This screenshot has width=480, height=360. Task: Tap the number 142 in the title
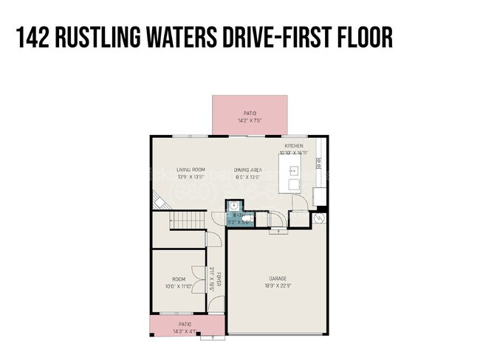coord(34,38)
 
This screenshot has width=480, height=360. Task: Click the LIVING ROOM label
coord(190,170)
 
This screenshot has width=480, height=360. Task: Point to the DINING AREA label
coord(248,170)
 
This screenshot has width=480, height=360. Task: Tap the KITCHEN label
coord(294,146)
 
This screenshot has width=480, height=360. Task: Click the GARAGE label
coord(277,280)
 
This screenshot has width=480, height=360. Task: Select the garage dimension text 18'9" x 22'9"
coord(277,286)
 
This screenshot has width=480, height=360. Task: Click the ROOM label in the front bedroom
coord(178,280)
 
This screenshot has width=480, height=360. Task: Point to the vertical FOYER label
coord(219,280)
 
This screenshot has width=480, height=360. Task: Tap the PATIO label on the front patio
coord(185,323)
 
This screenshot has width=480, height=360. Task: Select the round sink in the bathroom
coord(232,207)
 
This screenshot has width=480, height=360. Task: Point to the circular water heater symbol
coord(320,220)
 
